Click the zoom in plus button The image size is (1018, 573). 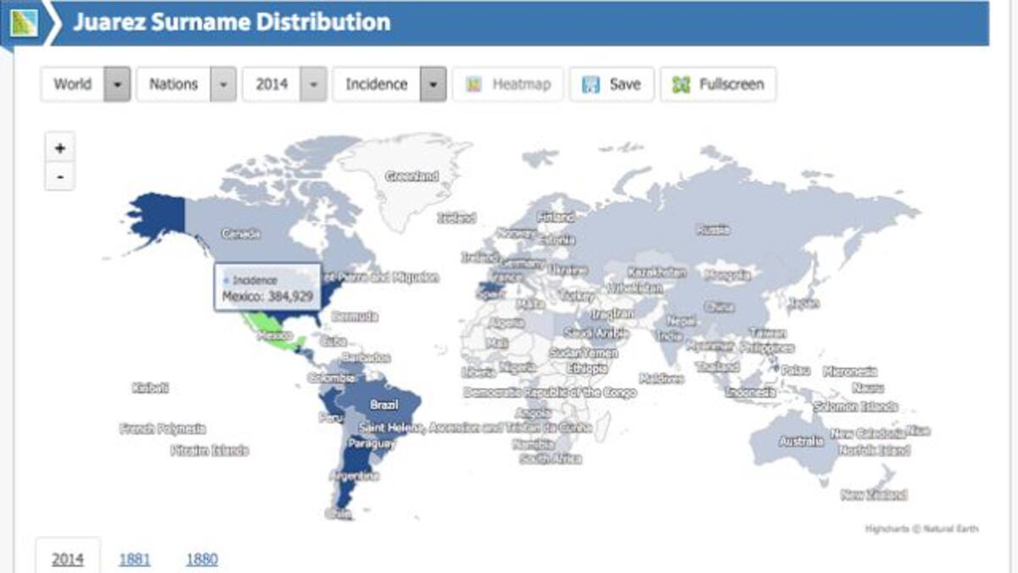[59, 148]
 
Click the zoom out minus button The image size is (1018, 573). [59, 177]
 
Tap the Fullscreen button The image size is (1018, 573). [718, 84]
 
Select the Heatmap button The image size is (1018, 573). [508, 84]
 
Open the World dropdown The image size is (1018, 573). [86, 84]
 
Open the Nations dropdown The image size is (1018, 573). [186, 84]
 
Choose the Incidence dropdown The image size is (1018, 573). [389, 84]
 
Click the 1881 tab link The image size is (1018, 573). [134, 559]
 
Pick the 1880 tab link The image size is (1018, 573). [202, 559]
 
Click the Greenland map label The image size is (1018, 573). [412, 177]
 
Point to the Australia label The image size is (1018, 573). [801, 441]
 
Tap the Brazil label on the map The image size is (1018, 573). [383, 406]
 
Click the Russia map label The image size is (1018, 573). [713, 229]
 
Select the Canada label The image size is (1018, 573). [240, 233]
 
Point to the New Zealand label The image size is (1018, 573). [874, 495]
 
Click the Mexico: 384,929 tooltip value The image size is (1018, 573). [267, 296]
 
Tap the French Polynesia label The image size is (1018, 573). [162, 429]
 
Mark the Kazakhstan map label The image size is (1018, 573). [657, 272]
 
